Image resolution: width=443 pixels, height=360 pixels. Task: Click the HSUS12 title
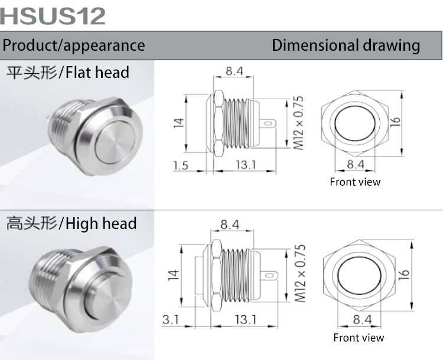53,15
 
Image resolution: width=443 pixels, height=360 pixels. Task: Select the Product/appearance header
74,45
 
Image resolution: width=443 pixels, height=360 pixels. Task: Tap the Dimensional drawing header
346,45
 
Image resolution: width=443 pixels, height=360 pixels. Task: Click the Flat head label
67,73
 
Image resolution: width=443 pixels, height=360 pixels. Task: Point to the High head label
71,224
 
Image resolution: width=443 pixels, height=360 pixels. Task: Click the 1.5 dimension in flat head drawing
181,165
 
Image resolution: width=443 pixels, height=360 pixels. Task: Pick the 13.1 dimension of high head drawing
245,320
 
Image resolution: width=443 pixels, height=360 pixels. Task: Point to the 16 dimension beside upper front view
396,121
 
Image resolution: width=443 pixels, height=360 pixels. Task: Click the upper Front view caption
355,182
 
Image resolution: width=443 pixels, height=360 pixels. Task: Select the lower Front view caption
359,338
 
